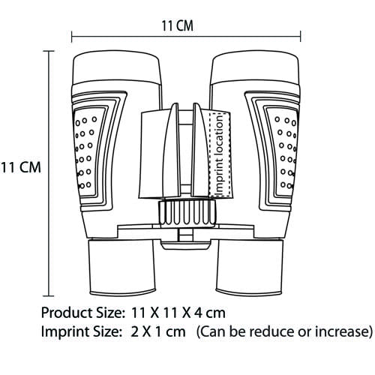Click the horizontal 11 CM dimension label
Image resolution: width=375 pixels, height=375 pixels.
click(178, 26)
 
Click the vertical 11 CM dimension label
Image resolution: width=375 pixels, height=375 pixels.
click(20, 167)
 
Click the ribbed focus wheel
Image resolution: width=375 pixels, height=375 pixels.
click(187, 213)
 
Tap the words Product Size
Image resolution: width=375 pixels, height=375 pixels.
click(82, 313)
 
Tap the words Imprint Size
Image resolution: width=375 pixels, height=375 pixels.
click(80, 332)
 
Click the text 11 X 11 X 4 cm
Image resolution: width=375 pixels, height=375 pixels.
click(178, 313)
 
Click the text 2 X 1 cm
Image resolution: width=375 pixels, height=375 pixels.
click(158, 332)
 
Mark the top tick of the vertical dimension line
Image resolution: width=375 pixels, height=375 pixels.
click(49, 51)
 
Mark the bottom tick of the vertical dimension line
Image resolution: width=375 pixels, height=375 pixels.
click(49, 295)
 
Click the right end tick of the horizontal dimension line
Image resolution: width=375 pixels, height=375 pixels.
click(300, 37)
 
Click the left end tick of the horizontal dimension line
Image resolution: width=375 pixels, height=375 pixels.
click(72, 37)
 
